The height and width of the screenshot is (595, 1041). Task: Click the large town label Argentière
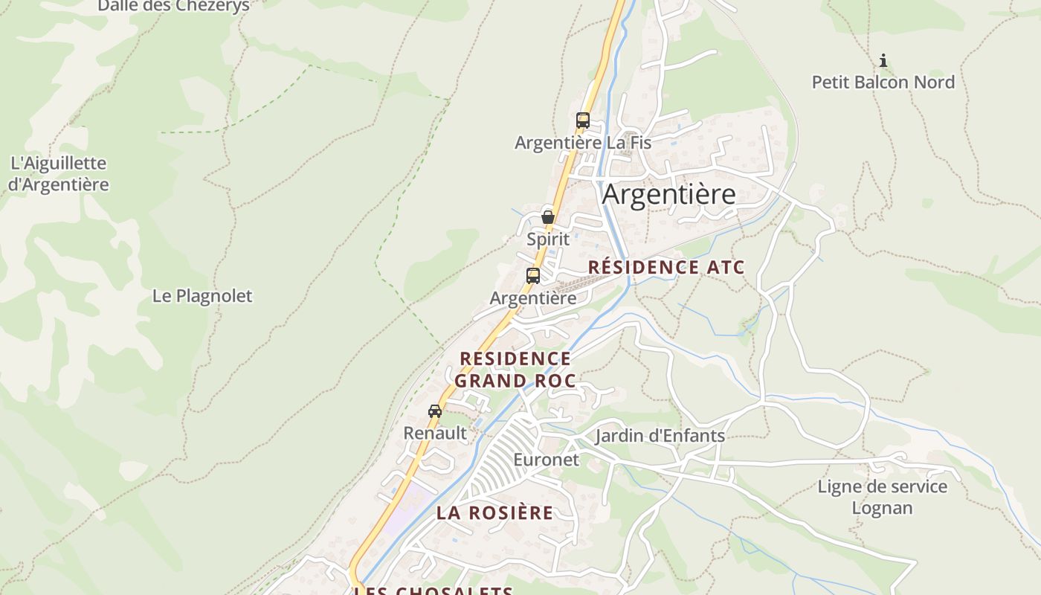(x=668, y=194)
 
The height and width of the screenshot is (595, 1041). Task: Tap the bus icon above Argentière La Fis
(x=583, y=120)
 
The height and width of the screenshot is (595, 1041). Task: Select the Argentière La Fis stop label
(x=583, y=142)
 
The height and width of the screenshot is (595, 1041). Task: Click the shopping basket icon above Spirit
(x=548, y=217)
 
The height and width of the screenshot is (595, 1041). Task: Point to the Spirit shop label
(x=548, y=239)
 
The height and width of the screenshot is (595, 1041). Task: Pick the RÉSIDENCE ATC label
(x=666, y=268)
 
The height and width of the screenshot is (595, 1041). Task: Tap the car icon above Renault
(x=435, y=411)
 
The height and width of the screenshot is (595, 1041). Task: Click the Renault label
(x=435, y=433)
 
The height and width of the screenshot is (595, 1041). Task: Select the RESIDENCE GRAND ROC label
(x=515, y=370)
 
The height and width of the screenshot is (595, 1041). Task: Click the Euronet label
(x=546, y=460)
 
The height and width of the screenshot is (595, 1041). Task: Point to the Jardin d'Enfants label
(x=660, y=436)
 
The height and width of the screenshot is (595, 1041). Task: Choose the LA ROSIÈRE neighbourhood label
(x=494, y=512)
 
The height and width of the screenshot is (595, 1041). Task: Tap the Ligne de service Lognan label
(x=883, y=498)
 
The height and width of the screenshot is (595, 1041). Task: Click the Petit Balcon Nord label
(x=883, y=82)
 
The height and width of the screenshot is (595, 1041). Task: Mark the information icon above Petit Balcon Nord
(x=883, y=60)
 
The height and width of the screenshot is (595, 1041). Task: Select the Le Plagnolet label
(x=202, y=296)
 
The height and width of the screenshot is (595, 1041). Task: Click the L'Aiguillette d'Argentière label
(x=59, y=173)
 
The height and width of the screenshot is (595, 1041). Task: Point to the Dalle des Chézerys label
(x=174, y=6)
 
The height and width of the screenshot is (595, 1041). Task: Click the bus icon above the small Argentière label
(x=533, y=275)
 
